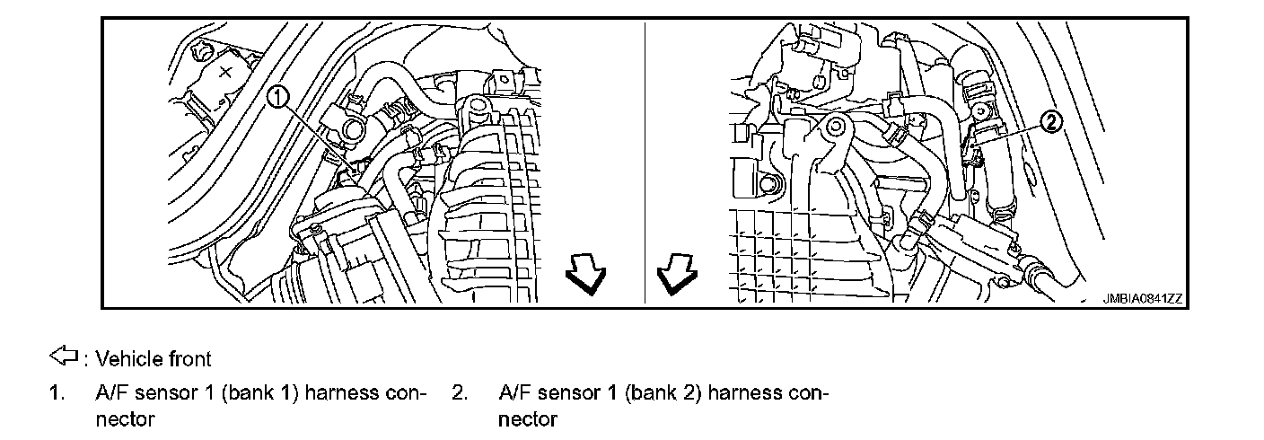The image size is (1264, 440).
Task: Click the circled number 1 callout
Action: coord(279,96)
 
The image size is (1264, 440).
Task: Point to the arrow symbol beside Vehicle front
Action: coord(64,358)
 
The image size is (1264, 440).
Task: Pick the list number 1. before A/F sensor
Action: coord(57,392)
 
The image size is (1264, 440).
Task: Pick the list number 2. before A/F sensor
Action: coord(459,392)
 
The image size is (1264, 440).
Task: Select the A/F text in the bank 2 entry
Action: coord(514,392)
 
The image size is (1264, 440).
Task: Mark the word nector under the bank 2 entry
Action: coord(527,418)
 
